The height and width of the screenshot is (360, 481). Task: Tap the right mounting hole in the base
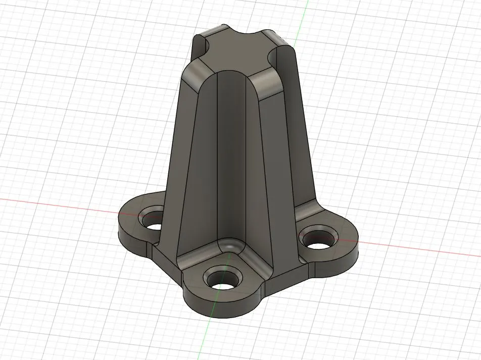[x=317, y=238]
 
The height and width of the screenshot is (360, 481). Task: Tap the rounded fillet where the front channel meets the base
[x=230, y=247]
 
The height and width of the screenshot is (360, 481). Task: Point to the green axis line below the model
[x=205, y=338]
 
